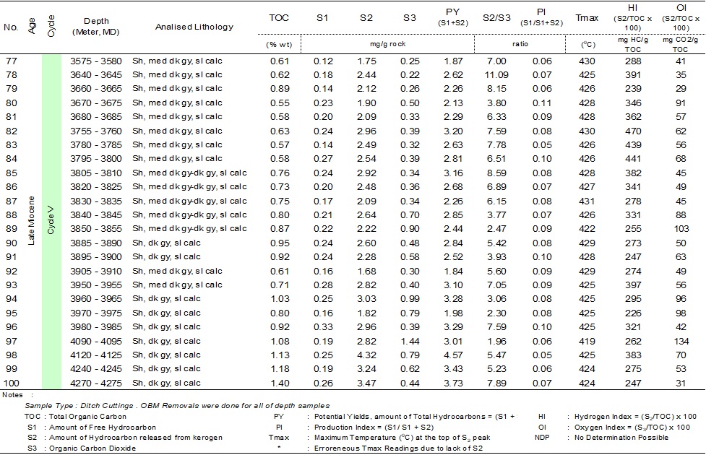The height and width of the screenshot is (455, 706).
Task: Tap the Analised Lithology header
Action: point(194,27)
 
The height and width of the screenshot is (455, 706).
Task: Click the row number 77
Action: point(11,61)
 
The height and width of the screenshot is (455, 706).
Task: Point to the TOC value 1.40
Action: point(279,383)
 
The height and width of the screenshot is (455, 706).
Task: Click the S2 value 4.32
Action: point(367,355)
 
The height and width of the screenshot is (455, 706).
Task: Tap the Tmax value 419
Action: point(587,341)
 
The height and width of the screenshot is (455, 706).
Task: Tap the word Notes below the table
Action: point(14,394)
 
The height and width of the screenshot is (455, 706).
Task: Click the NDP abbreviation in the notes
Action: point(542,438)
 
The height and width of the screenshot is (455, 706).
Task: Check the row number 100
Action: point(11,383)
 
